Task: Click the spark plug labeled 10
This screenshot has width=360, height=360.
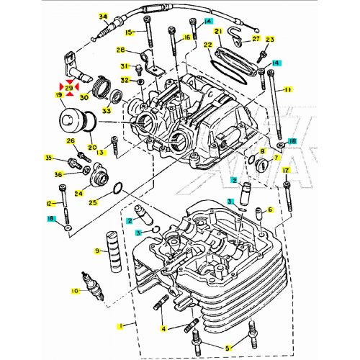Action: [x=93, y=286]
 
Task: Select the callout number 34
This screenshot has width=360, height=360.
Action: [x=103, y=17]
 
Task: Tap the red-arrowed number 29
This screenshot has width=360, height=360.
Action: [x=69, y=87]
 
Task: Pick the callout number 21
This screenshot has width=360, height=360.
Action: [x=219, y=32]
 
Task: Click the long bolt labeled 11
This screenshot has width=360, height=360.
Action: [x=275, y=104]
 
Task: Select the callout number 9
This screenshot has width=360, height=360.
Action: [x=97, y=251]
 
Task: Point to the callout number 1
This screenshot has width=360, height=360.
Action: [x=121, y=326]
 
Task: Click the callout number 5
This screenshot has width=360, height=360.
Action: [x=228, y=348]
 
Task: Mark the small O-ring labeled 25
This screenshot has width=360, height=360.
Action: [x=118, y=189]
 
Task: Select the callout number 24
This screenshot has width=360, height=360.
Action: [x=78, y=193]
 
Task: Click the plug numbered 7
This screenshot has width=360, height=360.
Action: [x=261, y=164]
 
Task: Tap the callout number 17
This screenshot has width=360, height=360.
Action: [x=286, y=171]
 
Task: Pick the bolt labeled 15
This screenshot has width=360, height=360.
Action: [x=148, y=31]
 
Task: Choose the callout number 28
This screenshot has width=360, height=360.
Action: [x=121, y=50]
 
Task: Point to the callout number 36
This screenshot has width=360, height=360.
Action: [x=58, y=174]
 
